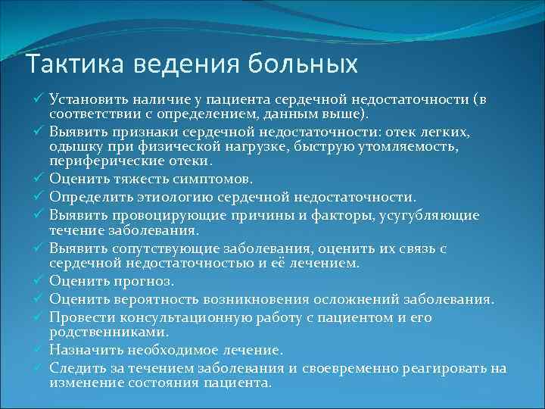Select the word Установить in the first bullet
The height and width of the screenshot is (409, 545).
(83, 100)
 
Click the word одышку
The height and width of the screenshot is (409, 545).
(73, 147)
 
